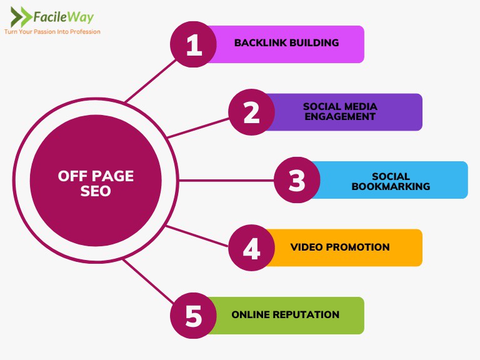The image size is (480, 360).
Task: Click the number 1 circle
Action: tap(194, 44)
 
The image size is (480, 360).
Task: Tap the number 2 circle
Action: tap(251, 112)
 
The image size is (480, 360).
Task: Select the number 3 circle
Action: tap(297, 180)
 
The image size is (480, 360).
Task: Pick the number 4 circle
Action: tap(251, 248)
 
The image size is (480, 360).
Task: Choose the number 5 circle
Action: tap(194, 316)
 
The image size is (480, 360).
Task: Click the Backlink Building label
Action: tap(286, 43)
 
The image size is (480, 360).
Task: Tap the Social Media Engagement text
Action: tap(340, 111)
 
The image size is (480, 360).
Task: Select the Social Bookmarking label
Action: tap(391, 181)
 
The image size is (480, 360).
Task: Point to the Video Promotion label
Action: tap(340, 247)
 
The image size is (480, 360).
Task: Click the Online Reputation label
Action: tap(285, 314)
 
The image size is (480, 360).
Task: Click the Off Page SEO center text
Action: tap(96, 183)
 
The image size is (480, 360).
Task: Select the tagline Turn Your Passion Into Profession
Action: tap(52, 31)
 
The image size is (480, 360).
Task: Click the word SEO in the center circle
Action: tap(96, 191)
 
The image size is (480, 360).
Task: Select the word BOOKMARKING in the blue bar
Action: tap(391, 186)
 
